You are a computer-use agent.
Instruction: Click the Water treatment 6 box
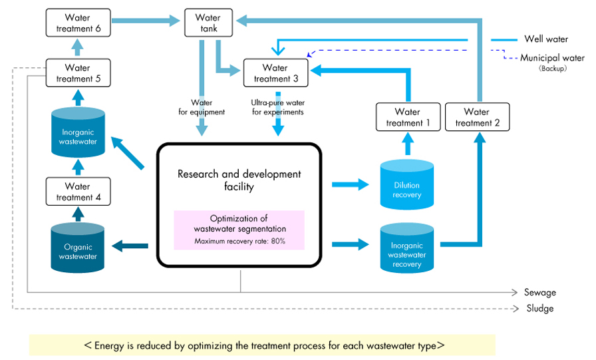(x=78, y=23)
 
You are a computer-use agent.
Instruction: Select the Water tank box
(x=208, y=23)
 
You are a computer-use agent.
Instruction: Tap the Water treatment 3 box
(x=275, y=73)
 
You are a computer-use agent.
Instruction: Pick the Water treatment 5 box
(x=78, y=73)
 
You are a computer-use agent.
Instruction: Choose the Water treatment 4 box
(x=78, y=192)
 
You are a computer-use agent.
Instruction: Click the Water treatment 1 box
(x=408, y=117)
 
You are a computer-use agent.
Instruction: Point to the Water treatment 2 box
(x=478, y=117)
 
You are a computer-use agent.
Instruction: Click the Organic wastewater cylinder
(x=78, y=248)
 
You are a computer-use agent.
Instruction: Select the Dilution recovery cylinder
(x=407, y=185)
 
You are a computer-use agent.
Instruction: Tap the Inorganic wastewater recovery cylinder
(x=407, y=248)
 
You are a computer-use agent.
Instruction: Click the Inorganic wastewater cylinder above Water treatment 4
(x=78, y=132)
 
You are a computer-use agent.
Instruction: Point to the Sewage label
(x=540, y=292)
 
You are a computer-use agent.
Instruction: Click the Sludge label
(x=540, y=308)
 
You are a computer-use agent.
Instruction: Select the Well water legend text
(x=546, y=39)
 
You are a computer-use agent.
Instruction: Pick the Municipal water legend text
(x=552, y=58)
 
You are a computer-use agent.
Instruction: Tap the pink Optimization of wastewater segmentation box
(x=239, y=230)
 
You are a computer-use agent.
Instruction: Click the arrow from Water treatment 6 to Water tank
(x=146, y=21)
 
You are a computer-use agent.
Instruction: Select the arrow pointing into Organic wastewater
(x=130, y=246)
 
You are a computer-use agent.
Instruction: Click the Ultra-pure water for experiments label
(x=278, y=107)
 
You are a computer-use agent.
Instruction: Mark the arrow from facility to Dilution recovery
(x=351, y=185)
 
